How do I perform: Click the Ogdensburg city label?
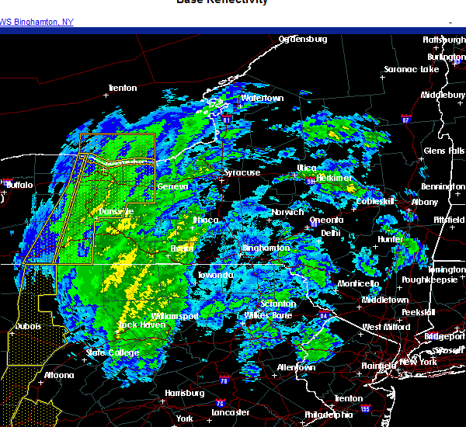pyautogui.click(x=303, y=39)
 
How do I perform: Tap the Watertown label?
pyautogui.click(x=262, y=99)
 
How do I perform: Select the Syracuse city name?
pyautogui.click(x=242, y=172)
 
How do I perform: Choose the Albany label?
pyautogui.click(x=425, y=202)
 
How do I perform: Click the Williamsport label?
pyautogui.click(x=175, y=317)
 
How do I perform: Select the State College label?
pyautogui.click(x=113, y=352)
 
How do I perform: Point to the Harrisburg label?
pyautogui.click(x=185, y=393)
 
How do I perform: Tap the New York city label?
pyautogui.click(x=419, y=363)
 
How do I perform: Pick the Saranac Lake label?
pyautogui.click(x=411, y=69)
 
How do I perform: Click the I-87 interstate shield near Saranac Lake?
pyautogui.click(x=405, y=120)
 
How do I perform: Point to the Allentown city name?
pyautogui.click(x=295, y=366)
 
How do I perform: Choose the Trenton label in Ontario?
pyautogui.click(x=123, y=88)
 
